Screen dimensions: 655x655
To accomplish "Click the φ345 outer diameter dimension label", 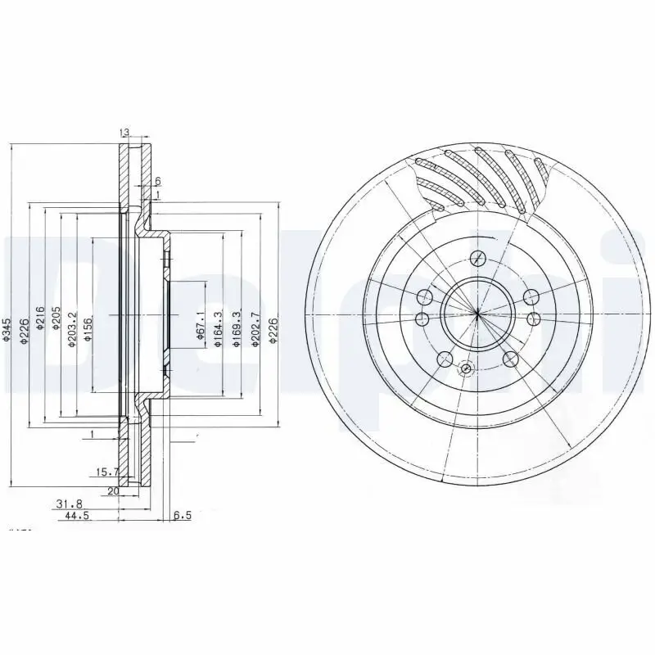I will [7, 328].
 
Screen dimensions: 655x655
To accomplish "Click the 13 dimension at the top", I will [124, 133].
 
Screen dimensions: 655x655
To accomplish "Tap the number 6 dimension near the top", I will [156, 182].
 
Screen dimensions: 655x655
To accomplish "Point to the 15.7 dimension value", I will [106, 472].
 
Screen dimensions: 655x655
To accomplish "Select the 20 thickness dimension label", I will [113, 491].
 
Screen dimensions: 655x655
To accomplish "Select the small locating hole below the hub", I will [466, 369].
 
